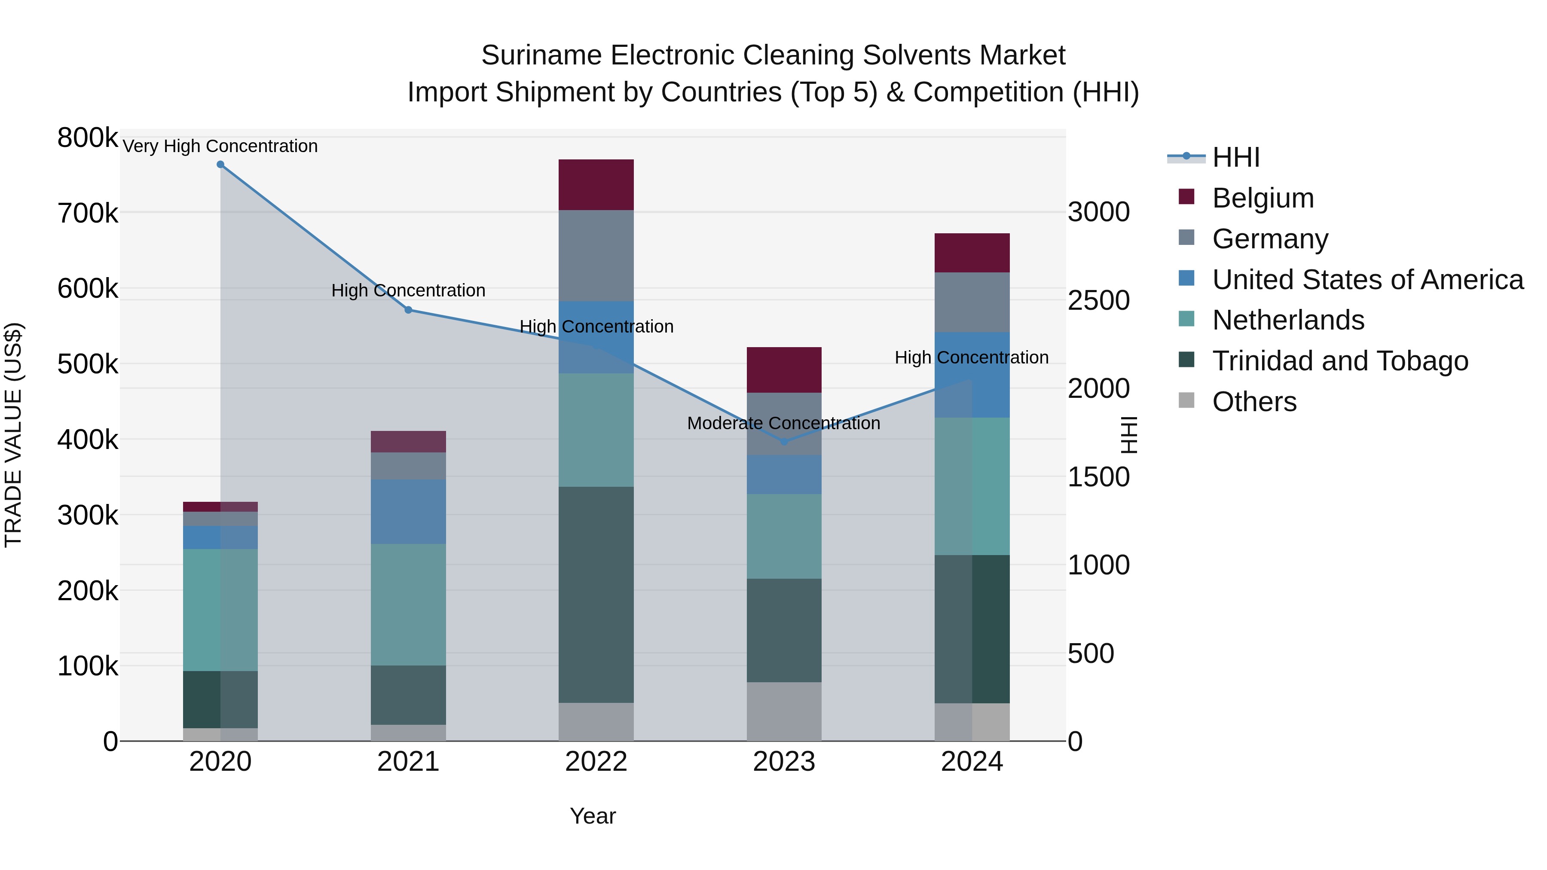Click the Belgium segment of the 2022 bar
click(596, 184)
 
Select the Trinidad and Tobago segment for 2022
click(596, 595)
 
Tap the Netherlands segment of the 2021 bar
click(408, 604)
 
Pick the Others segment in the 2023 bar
click(784, 711)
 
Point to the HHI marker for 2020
click(220, 165)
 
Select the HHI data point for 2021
click(408, 310)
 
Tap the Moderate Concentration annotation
click(784, 423)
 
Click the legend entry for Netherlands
click(1288, 320)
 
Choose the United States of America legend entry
click(1367, 280)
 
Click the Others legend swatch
click(1186, 400)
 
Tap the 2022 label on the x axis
click(596, 762)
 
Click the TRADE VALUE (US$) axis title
click(13, 435)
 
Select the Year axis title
click(593, 816)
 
